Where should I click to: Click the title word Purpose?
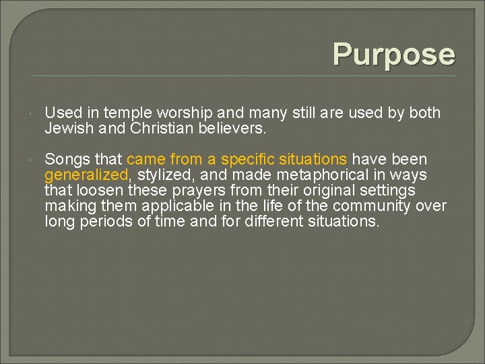393,54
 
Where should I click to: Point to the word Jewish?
67,128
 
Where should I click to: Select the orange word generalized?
86,175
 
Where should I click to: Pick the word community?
368,206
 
